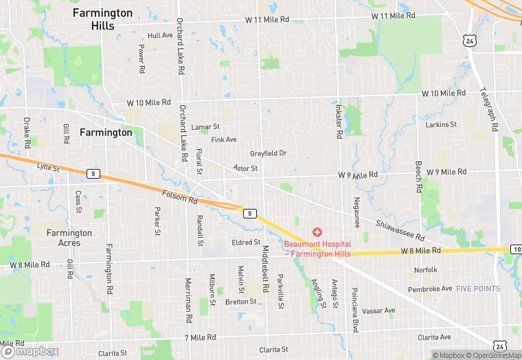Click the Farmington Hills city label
103,19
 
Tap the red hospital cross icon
317,233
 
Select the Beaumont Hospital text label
317,249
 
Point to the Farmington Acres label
69,238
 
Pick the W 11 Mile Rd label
394,15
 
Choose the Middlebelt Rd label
264,267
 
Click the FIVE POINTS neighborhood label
478,289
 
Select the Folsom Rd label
180,197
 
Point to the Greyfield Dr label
268,153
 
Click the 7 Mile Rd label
200,337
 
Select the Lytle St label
49,167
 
